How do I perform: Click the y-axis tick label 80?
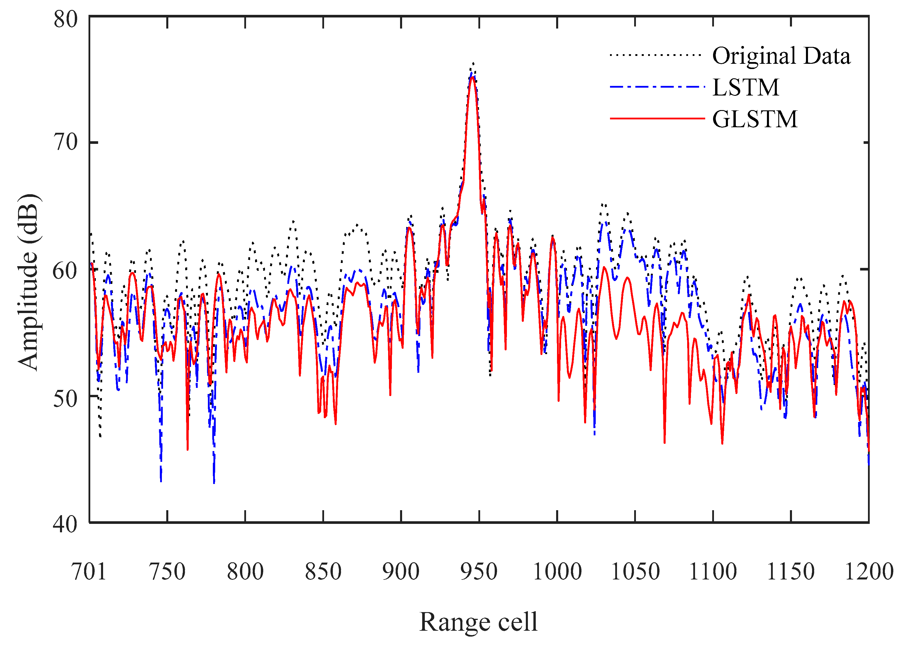(x=66, y=19)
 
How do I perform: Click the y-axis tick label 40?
(x=66, y=524)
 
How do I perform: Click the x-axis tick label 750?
(x=167, y=572)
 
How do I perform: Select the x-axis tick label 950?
(x=479, y=572)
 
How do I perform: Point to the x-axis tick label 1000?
(x=557, y=572)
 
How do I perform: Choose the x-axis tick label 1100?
(x=713, y=572)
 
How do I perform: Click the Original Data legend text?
(x=781, y=56)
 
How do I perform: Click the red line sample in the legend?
(x=657, y=118)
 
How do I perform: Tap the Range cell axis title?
(x=479, y=622)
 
